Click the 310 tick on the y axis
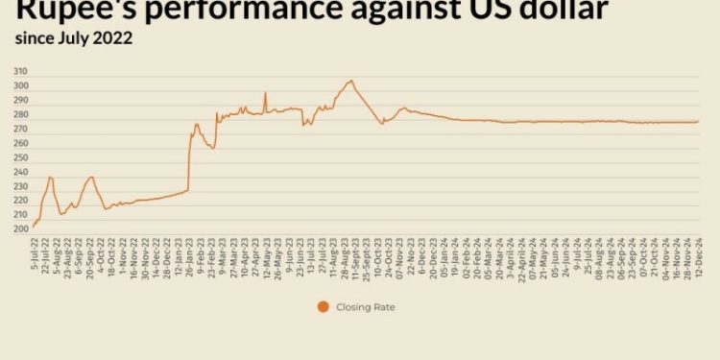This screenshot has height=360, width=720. point(21,72)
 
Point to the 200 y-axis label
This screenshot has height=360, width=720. point(21,228)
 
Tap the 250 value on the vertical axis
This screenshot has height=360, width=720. point(21,157)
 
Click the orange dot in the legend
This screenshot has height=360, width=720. point(324,307)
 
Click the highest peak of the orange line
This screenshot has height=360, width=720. point(351,81)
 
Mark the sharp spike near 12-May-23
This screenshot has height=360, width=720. point(265,93)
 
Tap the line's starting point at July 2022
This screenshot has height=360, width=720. point(33,228)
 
